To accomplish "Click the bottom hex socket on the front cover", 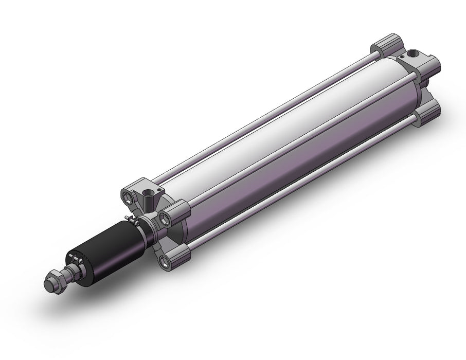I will [x=165, y=261].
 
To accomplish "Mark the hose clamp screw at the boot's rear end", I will [x=135, y=222].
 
